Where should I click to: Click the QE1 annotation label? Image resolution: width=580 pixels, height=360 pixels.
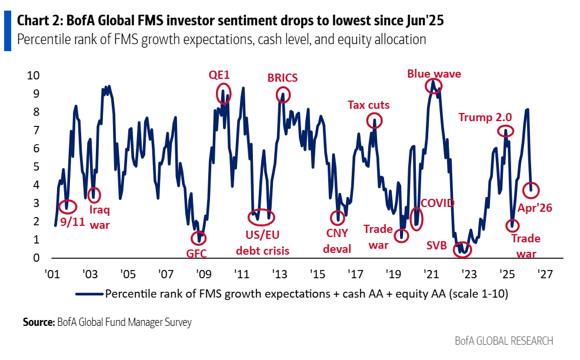[x=219, y=75]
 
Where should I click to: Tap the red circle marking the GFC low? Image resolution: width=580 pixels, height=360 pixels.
[x=200, y=238]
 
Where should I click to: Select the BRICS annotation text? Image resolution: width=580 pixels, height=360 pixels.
[x=282, y=78]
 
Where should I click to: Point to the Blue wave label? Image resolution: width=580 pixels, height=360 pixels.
[x=434, y=74]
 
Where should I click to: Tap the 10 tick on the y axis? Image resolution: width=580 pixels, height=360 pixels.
[x=34, y=76]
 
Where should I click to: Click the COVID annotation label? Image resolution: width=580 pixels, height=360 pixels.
[x=437, y=203]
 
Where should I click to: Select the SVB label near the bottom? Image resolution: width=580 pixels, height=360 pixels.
[x=436, y=245]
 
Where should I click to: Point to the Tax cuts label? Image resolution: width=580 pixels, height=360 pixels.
[x=368, y=105]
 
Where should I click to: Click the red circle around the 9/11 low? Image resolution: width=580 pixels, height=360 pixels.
[x=68, y=206]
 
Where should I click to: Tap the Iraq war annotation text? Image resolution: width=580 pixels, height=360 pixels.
[x=99, y=216]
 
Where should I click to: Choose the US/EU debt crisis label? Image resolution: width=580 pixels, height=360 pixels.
[x=262, y=244]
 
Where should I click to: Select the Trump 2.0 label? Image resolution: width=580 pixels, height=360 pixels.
[x=484, y=117]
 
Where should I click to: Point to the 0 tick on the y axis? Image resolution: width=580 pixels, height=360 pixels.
[x=36, y=258]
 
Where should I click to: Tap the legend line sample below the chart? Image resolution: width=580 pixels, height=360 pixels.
[x=88, y=292]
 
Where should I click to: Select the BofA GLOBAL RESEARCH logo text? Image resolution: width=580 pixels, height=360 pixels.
[x=504, y=341]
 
